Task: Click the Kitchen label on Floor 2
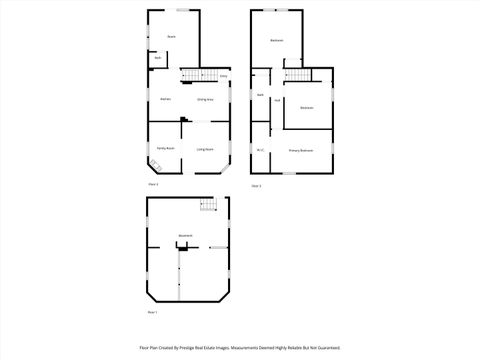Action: (x=165, y=99)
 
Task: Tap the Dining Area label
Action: (x=204, y=99)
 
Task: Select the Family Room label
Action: (x=165, y=148)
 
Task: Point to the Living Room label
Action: (x=204, y=149)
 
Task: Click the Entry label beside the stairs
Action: (x=224, y=76)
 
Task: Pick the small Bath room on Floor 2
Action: (x=158, y=59)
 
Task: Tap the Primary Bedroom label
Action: (x=301, y=150)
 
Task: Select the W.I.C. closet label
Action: (x=259, y=150)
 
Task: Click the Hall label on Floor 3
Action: (x=276, y=100)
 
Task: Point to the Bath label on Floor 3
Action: (x=259, y=95)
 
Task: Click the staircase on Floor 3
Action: (x=297, y=76)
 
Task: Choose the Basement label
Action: (x=185, y=236)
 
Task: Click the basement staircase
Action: (x=208, y=206)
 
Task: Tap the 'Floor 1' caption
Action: (x=153, y=313)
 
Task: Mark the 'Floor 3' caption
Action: (x=256, y=185)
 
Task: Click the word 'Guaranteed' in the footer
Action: (x=327, y=347)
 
